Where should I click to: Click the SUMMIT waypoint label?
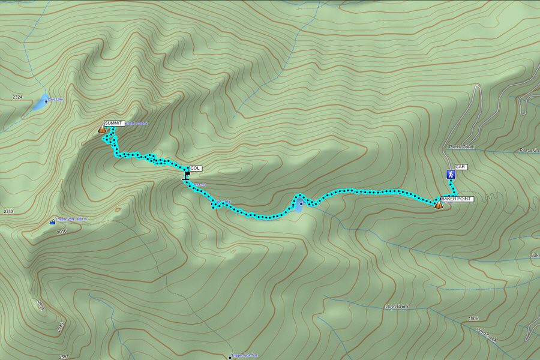(113, 123)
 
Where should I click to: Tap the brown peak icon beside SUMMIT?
(102, 128)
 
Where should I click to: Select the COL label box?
(196, 169)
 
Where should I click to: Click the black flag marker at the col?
(187, 176)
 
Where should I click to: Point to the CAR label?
(461, 167)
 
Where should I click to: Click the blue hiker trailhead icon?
(451, 175)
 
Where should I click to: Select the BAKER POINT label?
(457, 199)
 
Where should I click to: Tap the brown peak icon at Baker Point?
(439, 205)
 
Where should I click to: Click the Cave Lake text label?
(55, 100)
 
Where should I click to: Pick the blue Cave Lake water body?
(40, 103)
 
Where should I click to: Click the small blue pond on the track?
(299, 206)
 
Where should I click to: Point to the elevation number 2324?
(17, 97)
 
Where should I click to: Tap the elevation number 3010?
(62, 231)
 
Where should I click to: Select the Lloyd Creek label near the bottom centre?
(396, 307)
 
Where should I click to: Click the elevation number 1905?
(473, 319)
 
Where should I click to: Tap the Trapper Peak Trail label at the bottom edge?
(245, 356)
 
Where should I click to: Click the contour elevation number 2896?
(41, 305)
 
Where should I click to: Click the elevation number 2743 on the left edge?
(8, 212)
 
